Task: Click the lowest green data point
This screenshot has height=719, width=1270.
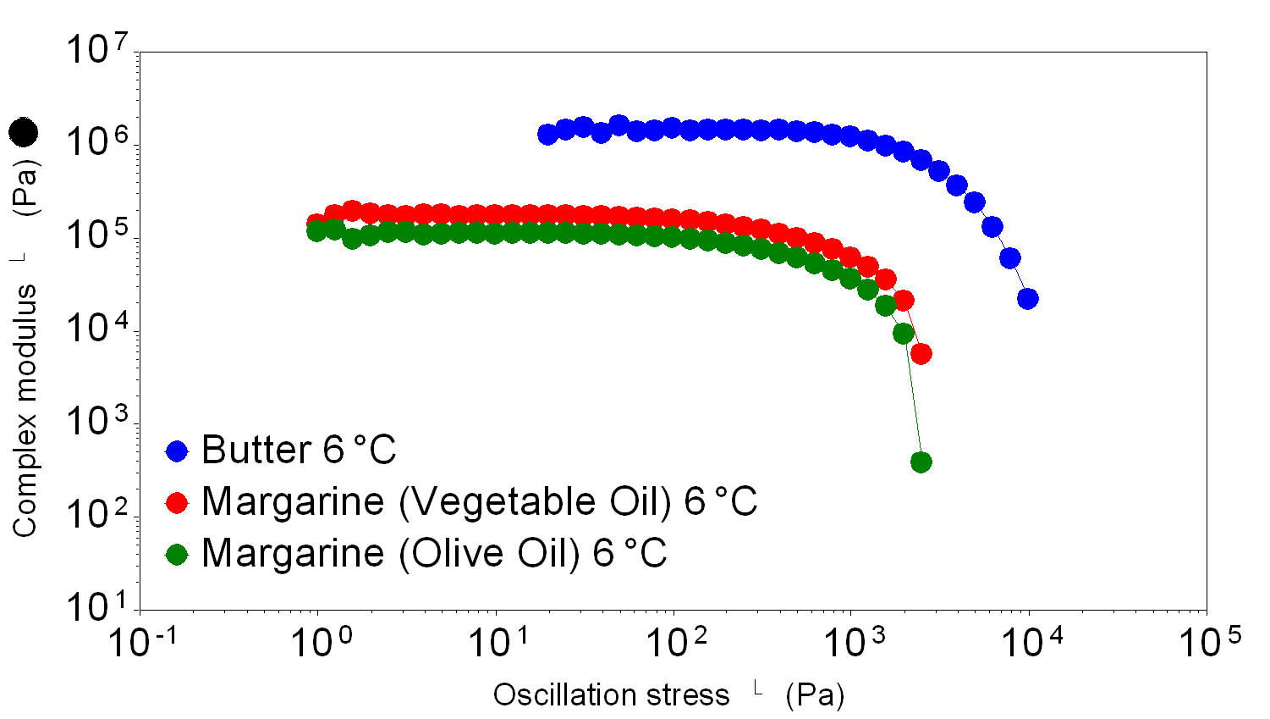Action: [921, 462]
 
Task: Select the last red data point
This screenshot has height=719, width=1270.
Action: [921, 354]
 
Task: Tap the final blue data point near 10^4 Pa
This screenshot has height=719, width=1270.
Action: [1028, 299]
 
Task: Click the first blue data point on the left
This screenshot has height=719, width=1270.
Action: [547, 135]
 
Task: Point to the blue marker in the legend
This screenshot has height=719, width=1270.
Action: [177, 451]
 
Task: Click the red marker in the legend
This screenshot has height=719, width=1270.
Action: [177, 502]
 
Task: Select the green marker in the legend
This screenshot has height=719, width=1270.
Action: [177, 555]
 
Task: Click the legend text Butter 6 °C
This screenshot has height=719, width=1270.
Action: [299, 451]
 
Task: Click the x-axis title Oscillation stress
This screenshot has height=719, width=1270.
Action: [611, 695]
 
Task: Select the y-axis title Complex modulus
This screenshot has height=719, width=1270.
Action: [25, 411]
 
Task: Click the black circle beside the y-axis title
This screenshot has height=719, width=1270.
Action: [24, 132]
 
